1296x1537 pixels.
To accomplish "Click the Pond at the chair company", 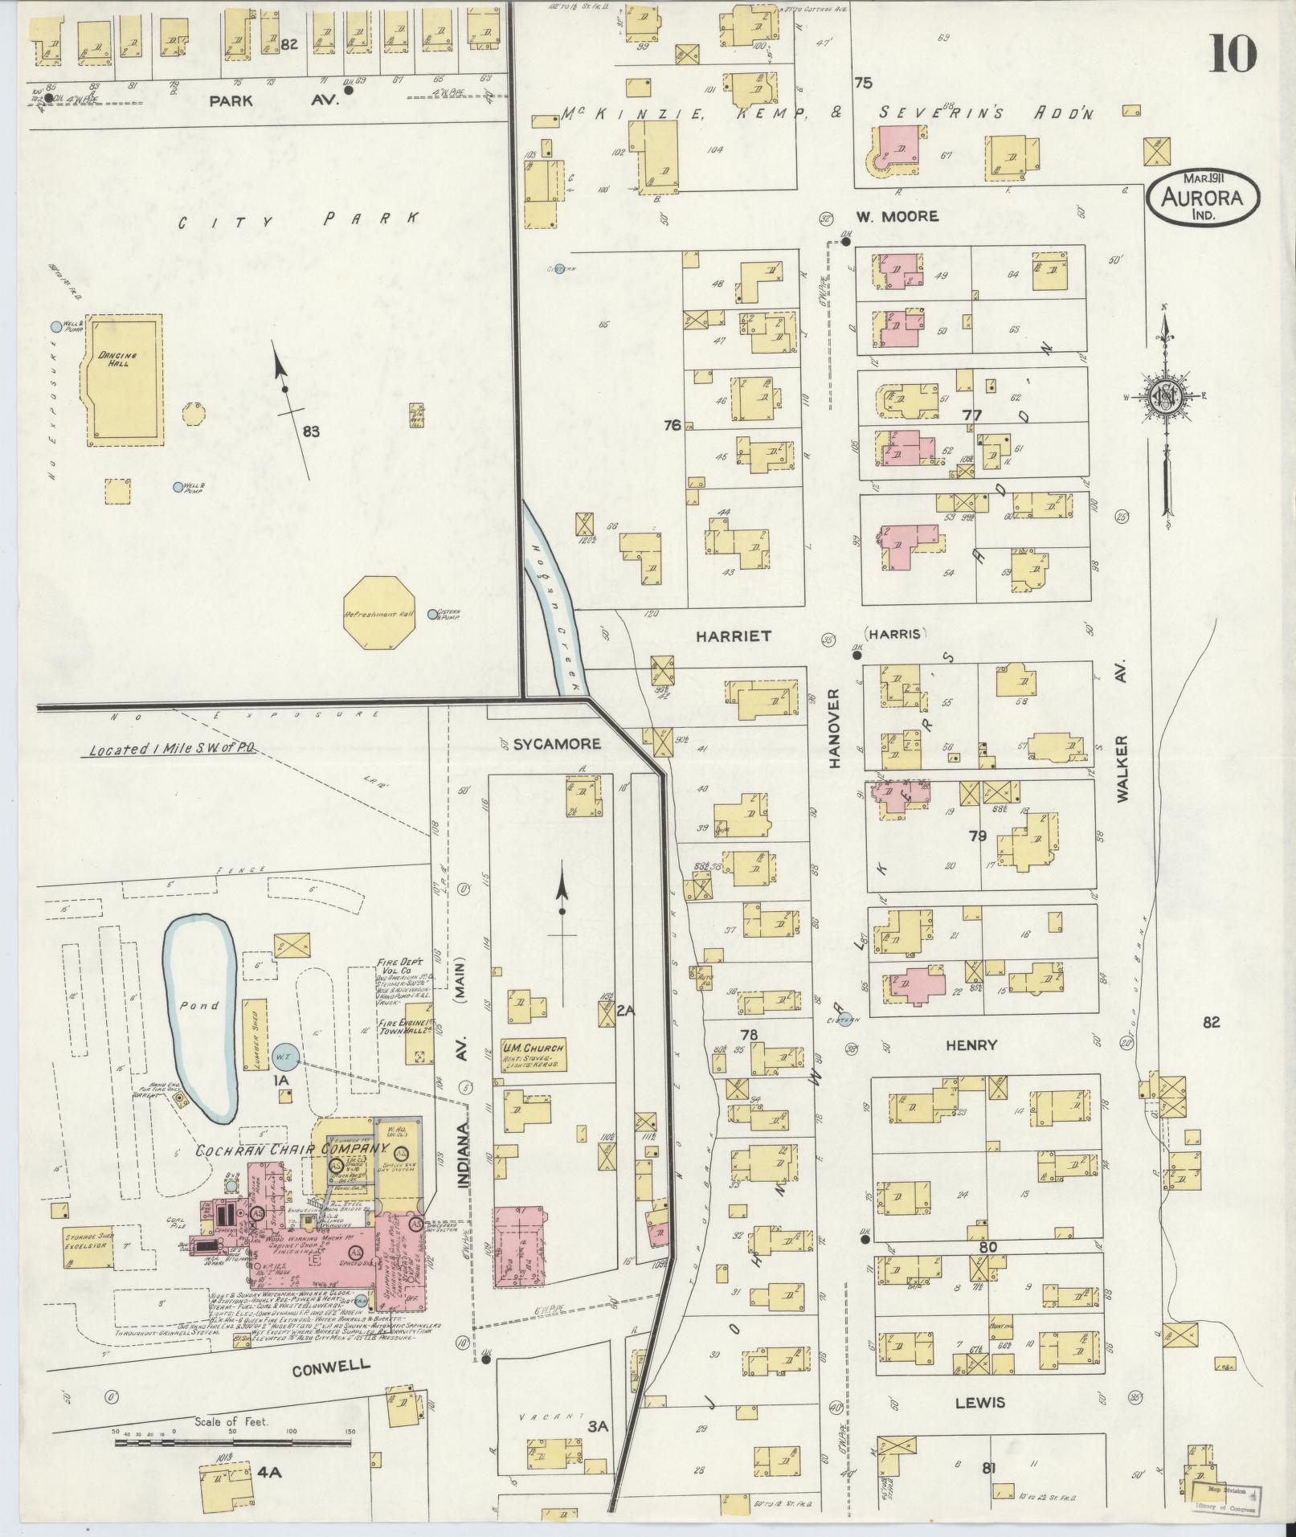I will (199, 1005).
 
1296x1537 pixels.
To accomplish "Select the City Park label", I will (298, 221).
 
